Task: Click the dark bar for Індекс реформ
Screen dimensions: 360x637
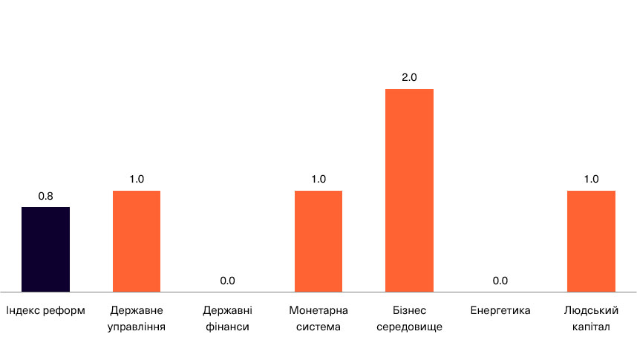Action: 45,249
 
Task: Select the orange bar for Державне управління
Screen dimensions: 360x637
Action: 137,241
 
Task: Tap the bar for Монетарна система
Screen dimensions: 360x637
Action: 318,241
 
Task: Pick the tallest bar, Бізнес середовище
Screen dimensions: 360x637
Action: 409,190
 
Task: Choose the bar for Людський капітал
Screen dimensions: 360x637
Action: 591,241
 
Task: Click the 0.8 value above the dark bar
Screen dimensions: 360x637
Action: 45,196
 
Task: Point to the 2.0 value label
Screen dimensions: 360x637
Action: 409,77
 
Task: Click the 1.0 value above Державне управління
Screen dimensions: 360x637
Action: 137,179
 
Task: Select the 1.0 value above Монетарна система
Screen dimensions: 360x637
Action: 318,179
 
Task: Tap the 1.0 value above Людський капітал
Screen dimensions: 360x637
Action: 591,179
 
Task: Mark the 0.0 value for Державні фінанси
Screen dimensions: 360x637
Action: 227,281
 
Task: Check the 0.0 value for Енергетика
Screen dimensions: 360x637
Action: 500,281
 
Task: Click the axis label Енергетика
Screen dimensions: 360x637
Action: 500,310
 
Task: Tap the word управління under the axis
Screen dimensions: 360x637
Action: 137,327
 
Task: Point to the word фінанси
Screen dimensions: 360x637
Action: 227,327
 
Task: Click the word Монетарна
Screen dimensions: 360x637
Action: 318,310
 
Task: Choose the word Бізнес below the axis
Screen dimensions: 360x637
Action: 409,310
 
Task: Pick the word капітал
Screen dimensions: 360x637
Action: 591,327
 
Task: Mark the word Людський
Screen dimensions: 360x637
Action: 591,310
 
